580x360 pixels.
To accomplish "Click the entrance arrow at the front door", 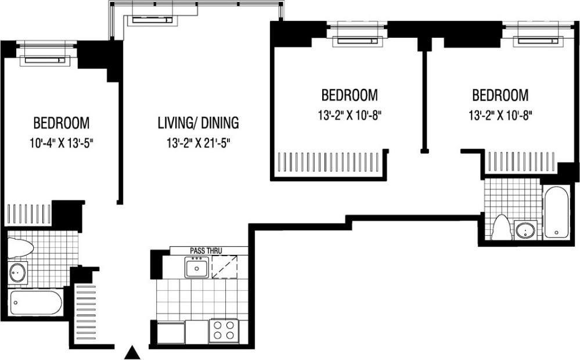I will [x=134, y=352].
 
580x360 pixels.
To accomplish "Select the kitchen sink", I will [x=197, y=268].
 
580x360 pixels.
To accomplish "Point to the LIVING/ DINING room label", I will [x=198, y=123].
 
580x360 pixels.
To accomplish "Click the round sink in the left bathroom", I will [x=18, y=272].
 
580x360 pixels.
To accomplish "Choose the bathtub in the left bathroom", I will [x=37, y=303].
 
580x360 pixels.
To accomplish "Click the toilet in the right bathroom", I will [x=500, y=228].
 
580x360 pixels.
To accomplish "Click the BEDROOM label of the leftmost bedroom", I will [x=62, y=123].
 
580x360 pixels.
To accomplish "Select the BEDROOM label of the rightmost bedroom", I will [x=500, y=95].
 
